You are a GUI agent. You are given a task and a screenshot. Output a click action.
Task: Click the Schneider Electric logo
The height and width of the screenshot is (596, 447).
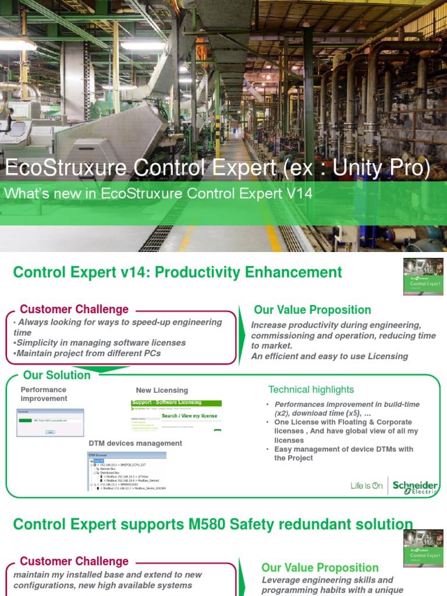(x=415, y=487)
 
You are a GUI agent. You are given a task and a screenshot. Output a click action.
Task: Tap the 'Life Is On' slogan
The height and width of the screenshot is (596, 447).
(x=366, y=486)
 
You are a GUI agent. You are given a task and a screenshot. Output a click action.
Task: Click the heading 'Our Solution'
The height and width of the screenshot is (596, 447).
(x=56, y=375)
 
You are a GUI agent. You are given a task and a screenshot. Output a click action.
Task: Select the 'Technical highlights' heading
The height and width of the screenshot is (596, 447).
(x=311, y=389)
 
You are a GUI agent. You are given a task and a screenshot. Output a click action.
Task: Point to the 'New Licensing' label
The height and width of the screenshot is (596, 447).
(x=162, y=390)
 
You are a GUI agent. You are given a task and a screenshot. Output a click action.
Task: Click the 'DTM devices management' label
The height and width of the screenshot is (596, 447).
(x=135, y=444)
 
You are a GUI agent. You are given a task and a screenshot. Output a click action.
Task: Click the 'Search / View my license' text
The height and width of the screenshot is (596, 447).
(x=189, y=416)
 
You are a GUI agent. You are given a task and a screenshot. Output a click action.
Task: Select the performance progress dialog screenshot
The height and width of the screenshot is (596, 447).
(x=50, y=423)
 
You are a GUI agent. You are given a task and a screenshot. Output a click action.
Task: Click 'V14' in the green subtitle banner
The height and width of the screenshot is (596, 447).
(x=300, y=194)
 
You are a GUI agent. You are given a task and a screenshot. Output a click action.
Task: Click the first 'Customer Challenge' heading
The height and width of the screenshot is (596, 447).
(x=74, y=310)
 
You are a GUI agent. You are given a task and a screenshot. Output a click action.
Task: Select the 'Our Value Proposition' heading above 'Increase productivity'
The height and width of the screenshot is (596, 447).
(x=312, y=310)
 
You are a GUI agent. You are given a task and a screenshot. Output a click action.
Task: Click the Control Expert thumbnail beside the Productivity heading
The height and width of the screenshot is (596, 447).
(x=423, y=276)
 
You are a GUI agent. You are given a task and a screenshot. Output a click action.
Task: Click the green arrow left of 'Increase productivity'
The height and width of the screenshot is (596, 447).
(x=242, y=336)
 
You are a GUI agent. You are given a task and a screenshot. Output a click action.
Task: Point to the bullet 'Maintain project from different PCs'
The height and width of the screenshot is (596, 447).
(x=87, y=353)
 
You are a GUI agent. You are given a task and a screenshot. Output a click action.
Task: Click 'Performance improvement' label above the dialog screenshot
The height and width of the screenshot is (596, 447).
(x=44, y=394)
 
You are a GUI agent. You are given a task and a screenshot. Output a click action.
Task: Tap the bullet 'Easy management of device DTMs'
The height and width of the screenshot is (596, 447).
(x=343, y=453)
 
